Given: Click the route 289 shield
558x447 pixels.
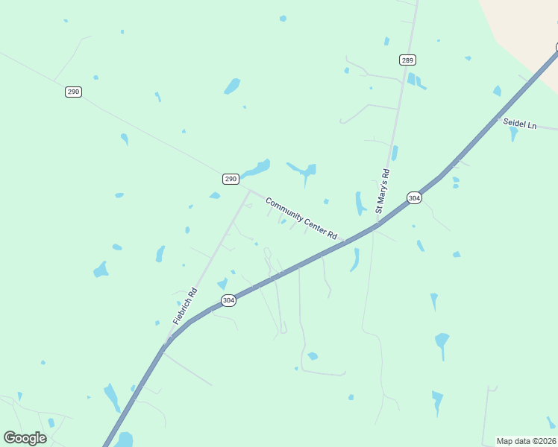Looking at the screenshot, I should [407, 60].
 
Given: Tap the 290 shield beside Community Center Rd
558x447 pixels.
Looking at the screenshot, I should [231, 179].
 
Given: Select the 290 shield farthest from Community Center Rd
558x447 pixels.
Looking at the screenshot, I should [73, 92].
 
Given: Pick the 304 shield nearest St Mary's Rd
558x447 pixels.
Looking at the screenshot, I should [415, 197].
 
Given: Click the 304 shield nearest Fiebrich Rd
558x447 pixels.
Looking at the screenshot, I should [229, 300].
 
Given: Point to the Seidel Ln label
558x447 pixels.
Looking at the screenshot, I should [519, 124].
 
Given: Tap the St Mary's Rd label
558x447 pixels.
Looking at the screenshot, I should [383, 192].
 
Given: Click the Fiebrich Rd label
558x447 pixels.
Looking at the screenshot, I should [185, 305].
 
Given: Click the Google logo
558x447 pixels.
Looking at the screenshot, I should [25, 438].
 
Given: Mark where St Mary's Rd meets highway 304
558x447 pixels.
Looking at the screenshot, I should [375, 224].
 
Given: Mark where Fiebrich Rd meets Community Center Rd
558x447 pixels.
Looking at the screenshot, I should [248, 190].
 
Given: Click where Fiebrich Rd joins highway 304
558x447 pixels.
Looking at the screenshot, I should [166, 346].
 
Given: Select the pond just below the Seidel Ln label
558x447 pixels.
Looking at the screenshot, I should [513, 134].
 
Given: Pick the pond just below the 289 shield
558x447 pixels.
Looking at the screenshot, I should [413, 80].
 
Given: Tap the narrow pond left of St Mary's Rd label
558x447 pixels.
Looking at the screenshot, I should [360, 203].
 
